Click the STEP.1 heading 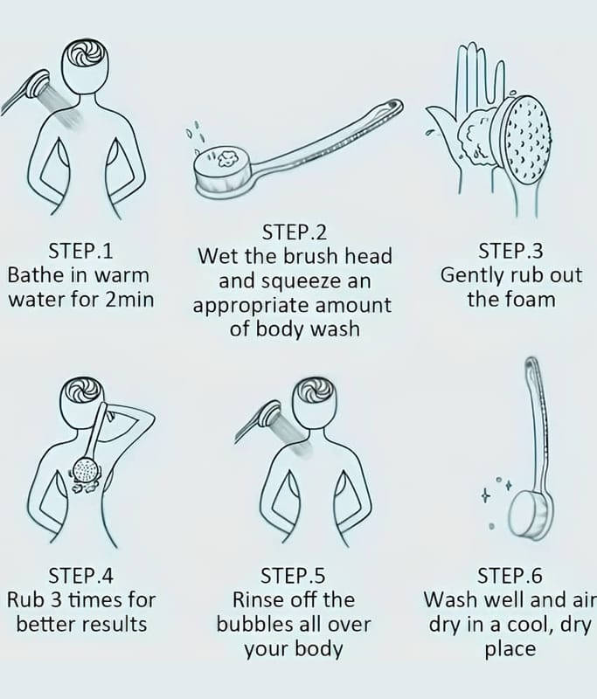80,251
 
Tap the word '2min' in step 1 129,299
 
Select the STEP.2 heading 295,232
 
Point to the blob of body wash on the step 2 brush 229,159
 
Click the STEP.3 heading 511,251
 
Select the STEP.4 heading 80,575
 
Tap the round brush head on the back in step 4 86,470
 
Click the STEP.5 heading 294,575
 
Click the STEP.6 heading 510,575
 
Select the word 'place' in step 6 510,649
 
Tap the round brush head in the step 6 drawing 531,514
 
